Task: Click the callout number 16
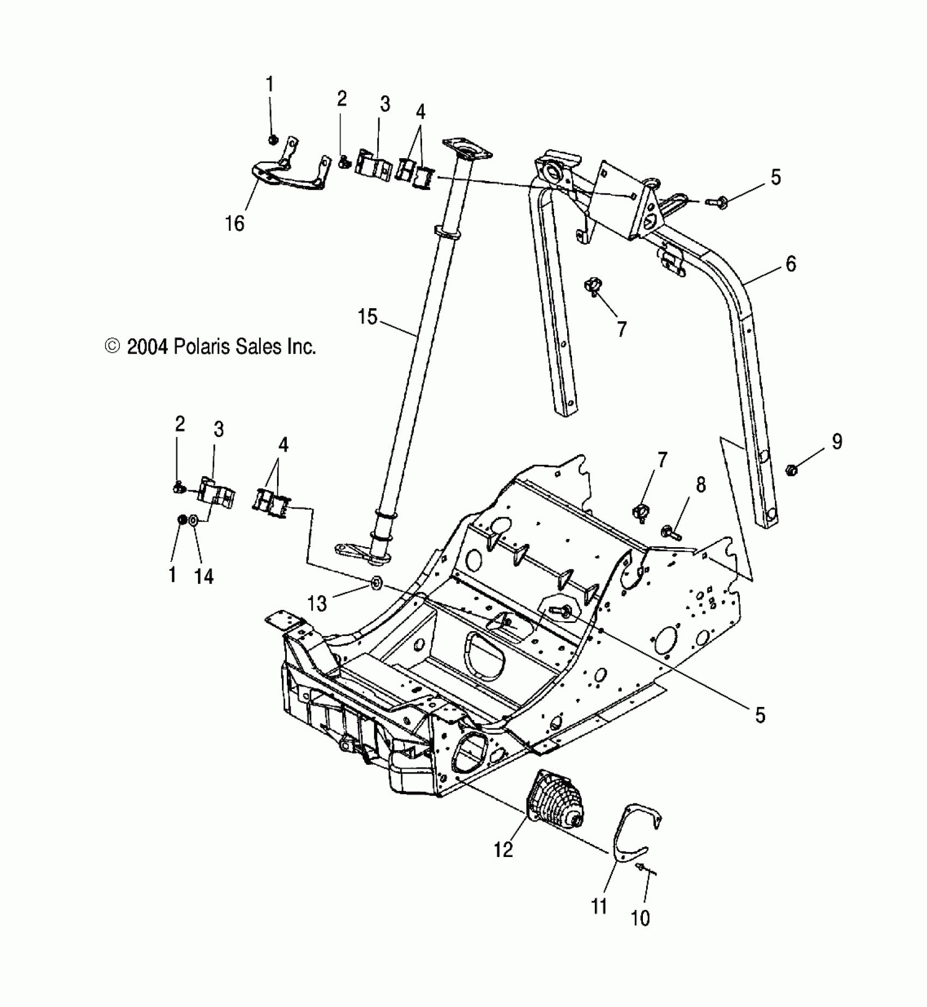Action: click(x=235, y=223)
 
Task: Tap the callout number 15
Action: click(x=368, y=316)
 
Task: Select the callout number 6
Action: click(x=790, y=263)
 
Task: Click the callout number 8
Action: click(x=700, y=484)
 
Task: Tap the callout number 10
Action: click(x=641, y=919)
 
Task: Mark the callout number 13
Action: click(x=317, y=603)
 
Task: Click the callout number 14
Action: click(x=203, y=576)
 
